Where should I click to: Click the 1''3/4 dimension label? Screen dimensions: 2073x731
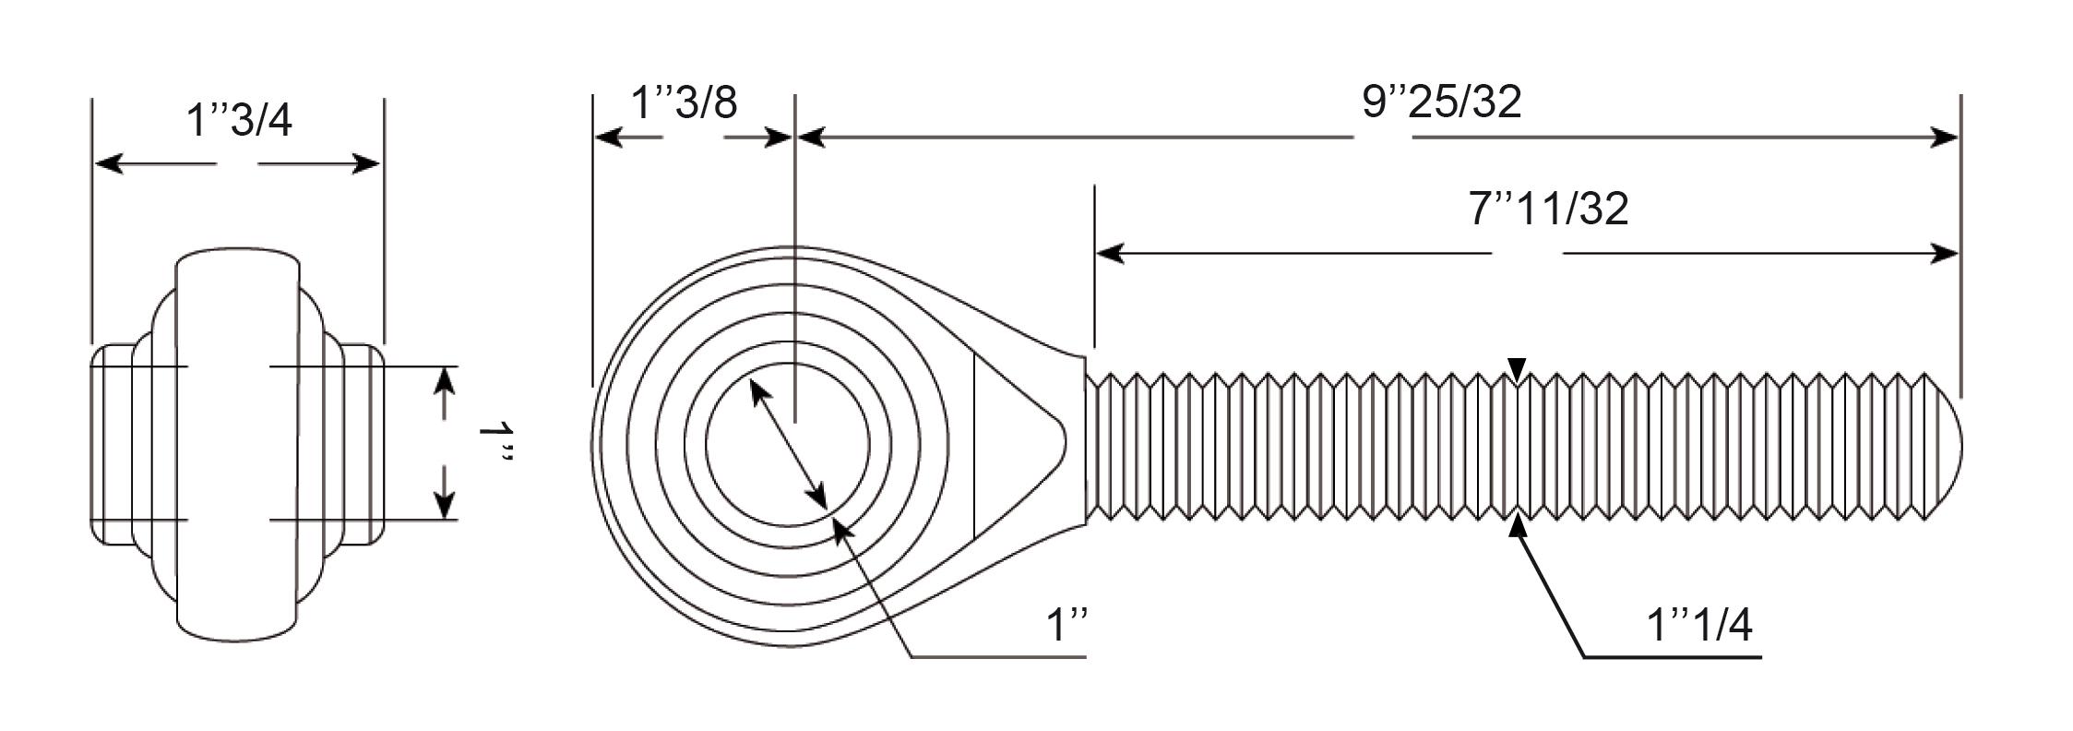(x=239, y=120)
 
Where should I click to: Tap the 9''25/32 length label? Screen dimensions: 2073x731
(x=1442, y=102)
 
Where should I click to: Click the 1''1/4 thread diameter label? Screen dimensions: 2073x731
(x=1699, y=626)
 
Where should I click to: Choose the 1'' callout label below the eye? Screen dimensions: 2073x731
(x=1067, y=626)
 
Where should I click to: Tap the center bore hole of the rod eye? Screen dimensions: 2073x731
(x=787, y=444)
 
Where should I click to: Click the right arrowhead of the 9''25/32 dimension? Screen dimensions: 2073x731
(x=1944, y=138)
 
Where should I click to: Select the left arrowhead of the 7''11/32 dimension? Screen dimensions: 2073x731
(x=1110, y=252)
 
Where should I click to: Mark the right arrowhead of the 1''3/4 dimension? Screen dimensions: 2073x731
(x=364, y=164)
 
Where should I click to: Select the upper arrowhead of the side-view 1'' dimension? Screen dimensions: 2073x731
(x=445, y=381)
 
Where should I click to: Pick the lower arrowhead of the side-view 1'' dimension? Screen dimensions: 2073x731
(x=445, y=504)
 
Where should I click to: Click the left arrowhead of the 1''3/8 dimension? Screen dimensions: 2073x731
(x=609, y=138)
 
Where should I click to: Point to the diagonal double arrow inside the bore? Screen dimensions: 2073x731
(x=787, y=444)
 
